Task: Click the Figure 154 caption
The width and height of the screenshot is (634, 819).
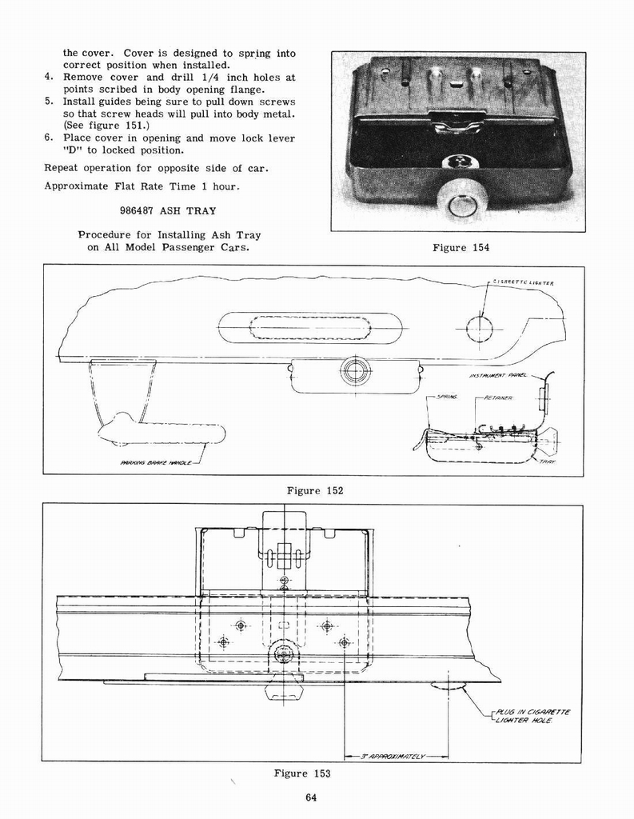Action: point(460,248)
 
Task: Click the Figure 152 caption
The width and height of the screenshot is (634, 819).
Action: point(314,490)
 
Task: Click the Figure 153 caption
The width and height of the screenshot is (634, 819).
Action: point(301,773)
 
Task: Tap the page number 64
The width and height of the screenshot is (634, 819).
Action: point(311,797)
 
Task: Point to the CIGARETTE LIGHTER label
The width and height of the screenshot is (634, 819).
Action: point(523,282)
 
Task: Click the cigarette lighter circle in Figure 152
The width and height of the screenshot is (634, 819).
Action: point(479,328)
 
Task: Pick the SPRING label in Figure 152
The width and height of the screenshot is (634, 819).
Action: point(446,397)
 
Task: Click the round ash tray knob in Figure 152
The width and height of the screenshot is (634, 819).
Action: point(355,370)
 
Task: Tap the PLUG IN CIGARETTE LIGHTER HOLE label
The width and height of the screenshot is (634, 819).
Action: point(532,716)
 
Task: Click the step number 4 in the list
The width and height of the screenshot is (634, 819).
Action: point(49,78)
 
